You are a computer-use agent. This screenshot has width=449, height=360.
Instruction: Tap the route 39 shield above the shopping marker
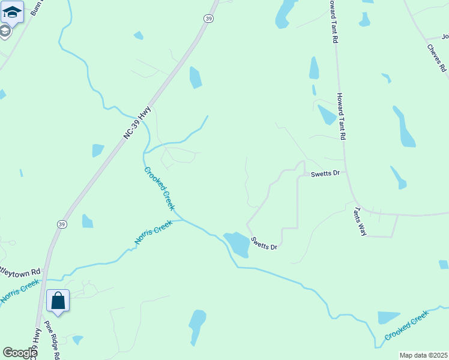pos(62,224)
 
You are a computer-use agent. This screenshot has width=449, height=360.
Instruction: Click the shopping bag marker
pos(58,301)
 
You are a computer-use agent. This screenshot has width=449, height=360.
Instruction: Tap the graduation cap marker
pos(12,11)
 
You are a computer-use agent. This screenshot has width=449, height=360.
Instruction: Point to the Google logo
pos(20,353)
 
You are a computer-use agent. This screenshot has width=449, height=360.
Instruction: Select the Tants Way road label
pos(360,221)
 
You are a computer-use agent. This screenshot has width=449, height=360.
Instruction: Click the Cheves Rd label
pos(437,58)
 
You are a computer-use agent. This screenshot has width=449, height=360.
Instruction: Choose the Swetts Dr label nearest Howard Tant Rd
pos(325,173)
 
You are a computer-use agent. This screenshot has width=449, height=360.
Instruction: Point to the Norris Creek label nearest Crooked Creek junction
pos(153,232)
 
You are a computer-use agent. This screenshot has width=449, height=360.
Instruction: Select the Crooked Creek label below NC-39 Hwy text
pos(160,188)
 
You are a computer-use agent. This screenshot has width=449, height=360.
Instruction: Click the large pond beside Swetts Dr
pos(237,244)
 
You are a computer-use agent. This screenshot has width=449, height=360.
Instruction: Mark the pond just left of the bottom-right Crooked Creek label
pos(388,317)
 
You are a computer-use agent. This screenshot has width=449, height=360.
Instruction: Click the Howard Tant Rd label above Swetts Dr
pos(341,117)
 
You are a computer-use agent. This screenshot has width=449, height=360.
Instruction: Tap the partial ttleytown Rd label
pos(20,271)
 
